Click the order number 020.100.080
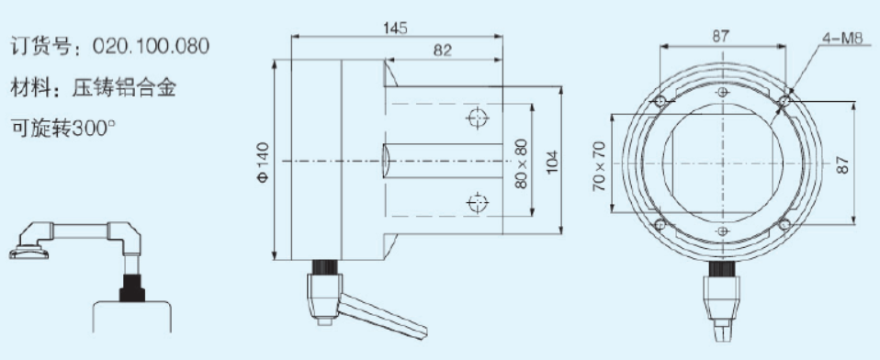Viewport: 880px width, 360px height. point(151,46)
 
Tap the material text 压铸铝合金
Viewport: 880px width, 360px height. point(124,87)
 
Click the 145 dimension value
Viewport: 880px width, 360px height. point(395,28)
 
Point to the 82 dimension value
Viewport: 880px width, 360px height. point(443,51)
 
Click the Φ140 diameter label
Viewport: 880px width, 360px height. point(263,162)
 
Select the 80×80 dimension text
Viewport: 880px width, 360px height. point(522,163)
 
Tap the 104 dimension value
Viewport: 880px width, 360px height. point(553,162)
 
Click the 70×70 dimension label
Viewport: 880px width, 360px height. point(600,166)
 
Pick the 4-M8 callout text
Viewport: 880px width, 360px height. point(841,39)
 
